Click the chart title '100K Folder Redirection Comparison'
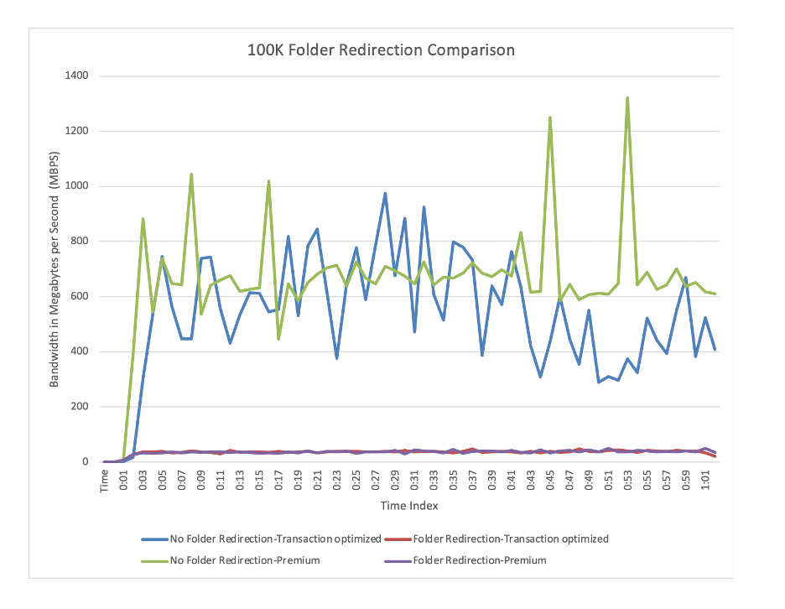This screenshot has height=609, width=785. coord(381,50)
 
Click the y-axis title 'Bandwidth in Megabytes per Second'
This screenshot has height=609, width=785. coord(55,268)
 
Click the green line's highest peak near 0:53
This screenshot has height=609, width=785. coord(627,98)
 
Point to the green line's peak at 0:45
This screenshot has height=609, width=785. coord(550,117)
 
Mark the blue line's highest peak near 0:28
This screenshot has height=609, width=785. coord(385,194)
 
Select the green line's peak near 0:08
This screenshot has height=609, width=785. coord(191,174)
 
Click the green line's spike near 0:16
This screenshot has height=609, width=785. coord(268,181)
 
